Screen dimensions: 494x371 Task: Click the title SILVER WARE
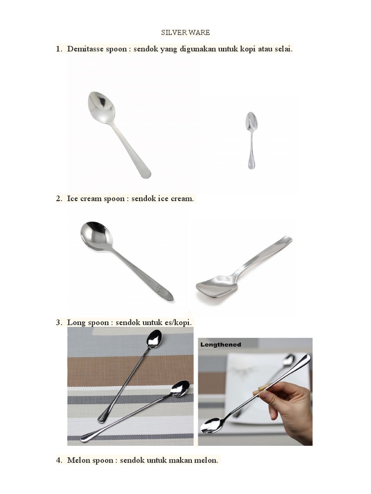tap(185, 33)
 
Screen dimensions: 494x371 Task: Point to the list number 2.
tap(59, 199)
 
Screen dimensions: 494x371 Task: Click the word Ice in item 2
tap(72, 199)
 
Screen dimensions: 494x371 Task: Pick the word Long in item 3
tap(76, 322)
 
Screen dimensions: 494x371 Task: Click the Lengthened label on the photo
tap(221, 345)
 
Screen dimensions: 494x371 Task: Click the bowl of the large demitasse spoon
tap(101, 107)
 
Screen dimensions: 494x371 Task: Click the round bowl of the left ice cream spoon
tap(96, 235)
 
